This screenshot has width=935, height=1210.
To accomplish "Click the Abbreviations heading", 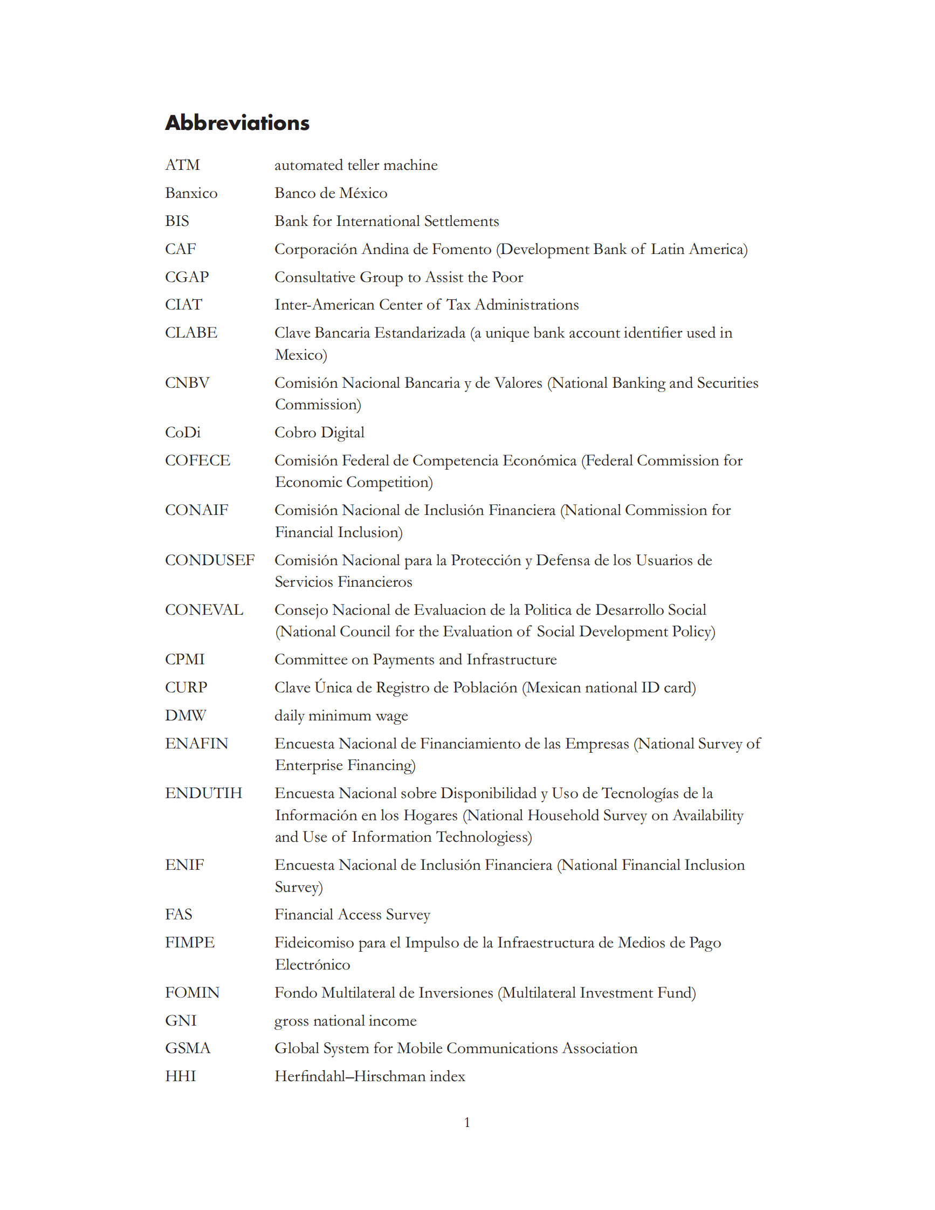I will click(x=237, y=122).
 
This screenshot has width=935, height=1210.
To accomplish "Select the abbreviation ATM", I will click(x=182, y=165).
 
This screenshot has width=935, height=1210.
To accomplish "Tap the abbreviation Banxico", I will click(x=191, y=193).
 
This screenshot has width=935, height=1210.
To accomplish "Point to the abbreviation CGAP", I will click(x=187, y=277).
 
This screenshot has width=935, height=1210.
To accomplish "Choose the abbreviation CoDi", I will click(x=183, y=432).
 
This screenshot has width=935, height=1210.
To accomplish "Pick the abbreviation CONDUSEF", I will click(x=210, y=560).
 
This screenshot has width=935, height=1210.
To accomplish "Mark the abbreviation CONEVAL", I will click(x=204, y=609).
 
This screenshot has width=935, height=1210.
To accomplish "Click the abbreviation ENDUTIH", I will click(x=203, y=793).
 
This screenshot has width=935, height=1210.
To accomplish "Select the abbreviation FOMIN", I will click(x=192, y=992).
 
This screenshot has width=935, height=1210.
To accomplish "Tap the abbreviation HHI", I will click(x=181, y=1076).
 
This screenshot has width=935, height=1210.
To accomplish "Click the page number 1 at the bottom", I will click(x=467, y=1122).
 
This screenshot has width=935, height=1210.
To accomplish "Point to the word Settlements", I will click(x=462, y=221).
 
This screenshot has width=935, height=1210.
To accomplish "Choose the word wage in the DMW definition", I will click(x=391, y=716).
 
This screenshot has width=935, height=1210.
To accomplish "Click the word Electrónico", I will click(x=312, y=965).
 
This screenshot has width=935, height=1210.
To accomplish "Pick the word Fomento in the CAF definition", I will click(x=462, y=249).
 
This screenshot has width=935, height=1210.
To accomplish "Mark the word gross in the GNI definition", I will click(x=291, y=1021).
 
